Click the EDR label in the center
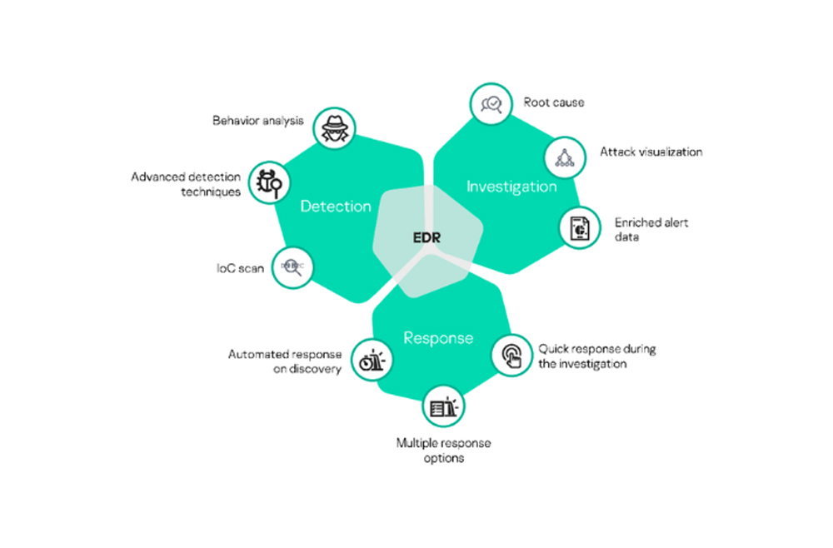[x=426, y=237]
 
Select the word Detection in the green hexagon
[x=336, y=206]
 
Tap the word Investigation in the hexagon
[x=511, y=186]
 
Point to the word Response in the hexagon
[x=438, y=337]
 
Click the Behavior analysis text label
[x=258, y=121]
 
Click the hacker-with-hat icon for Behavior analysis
[x=338, y=127]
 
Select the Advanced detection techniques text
[x=187, y=184]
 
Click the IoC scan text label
[x=240, y=269]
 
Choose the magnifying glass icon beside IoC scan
[x=292, y=267]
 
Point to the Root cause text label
[x=554, y=102]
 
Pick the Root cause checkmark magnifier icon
[x=489, y=105]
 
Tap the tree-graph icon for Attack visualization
[x=565, y=156]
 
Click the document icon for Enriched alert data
[x=580, y=227]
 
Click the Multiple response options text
[x=443, y=451]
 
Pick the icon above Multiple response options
[x=443, y=406]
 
